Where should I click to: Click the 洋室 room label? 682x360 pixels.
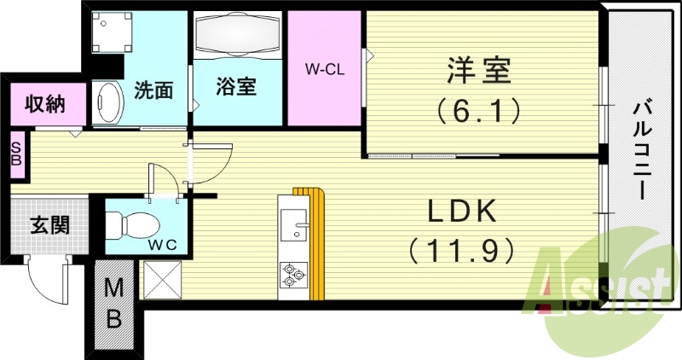point(479,72)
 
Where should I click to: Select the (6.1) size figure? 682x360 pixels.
point(479,111)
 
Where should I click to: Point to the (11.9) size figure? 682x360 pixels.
point(461,250)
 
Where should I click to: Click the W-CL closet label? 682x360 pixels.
point(325,69)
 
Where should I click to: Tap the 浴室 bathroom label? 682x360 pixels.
point(236,87)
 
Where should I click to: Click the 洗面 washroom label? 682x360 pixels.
point(153,90)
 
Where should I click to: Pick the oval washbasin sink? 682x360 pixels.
point(108,103)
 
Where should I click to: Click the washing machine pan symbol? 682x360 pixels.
point(112,32)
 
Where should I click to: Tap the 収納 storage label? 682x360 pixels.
point(45,104)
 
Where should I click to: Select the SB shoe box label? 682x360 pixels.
point(16,154)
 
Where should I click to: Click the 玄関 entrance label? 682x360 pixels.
point(50,225)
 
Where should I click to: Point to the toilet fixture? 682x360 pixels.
point(133,225)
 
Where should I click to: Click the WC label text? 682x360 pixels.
point(162,246)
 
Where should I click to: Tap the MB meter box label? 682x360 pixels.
point(114,304)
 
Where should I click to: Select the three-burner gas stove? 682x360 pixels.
point(293,275)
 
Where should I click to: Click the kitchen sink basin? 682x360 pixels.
point(293,224)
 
